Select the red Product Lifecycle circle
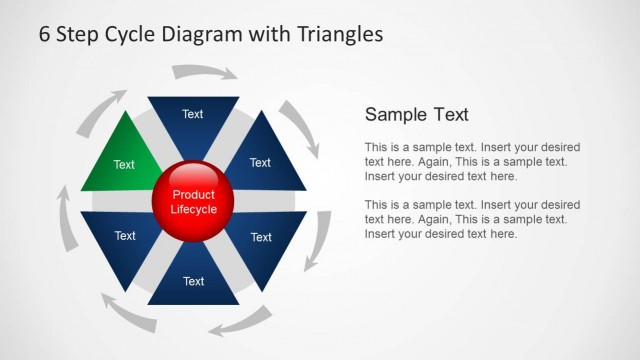coord(193,201)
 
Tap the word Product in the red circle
coord(193,195)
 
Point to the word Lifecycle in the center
coord(193,209)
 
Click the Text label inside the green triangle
coord(124,165)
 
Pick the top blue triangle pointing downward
coord(193,120)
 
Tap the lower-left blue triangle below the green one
coord(124,240)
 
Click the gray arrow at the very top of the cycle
coord(205,71)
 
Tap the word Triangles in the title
coord(340,34)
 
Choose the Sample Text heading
coord(416,114)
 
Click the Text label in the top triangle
coord(193,114)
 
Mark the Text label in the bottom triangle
coord(193,282)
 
